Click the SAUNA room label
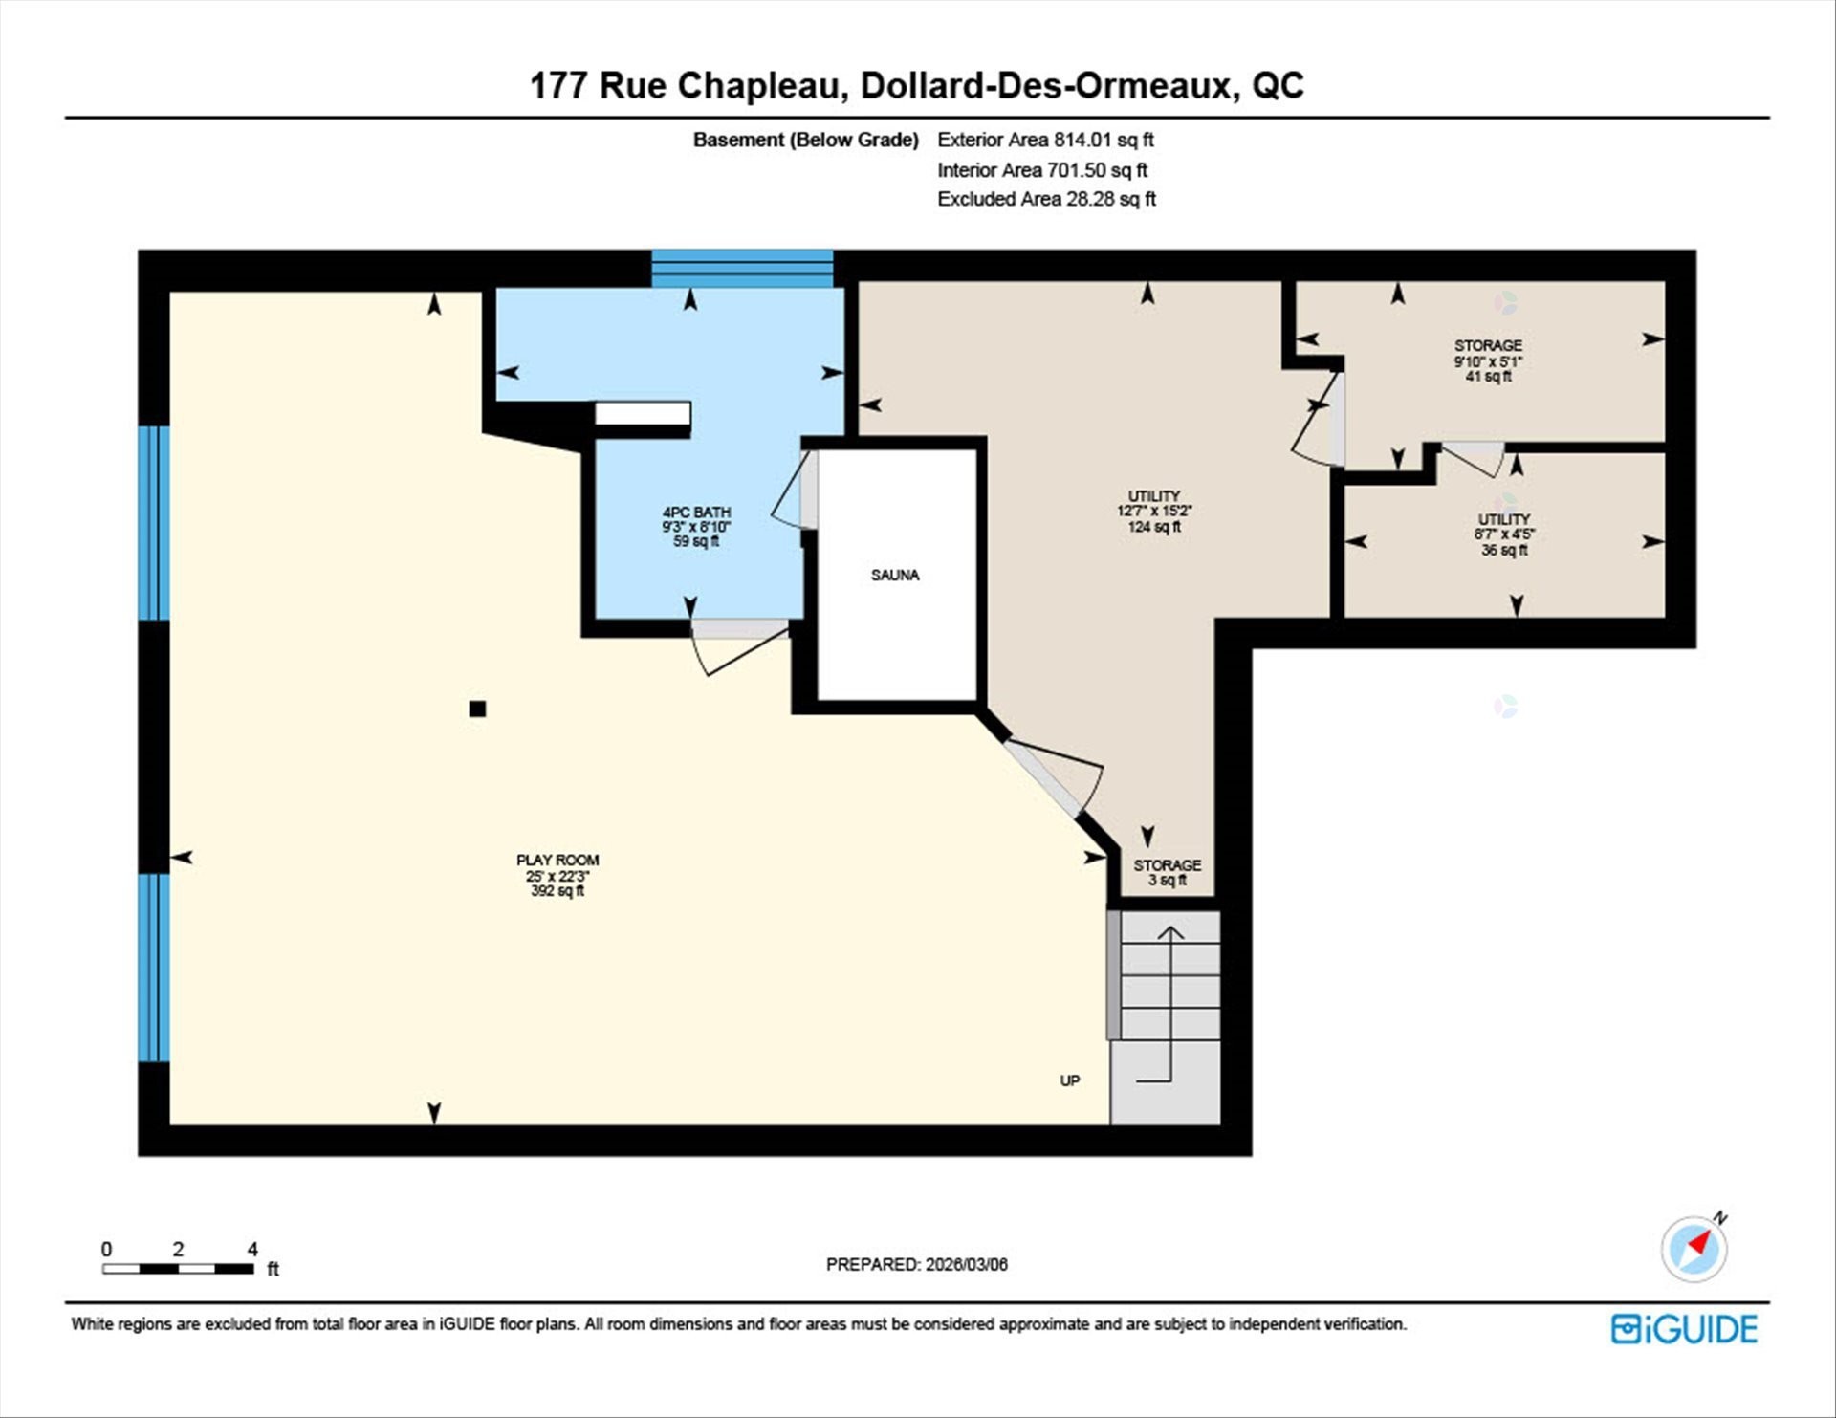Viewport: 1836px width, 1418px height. pos(894,575)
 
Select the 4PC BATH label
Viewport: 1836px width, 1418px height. pos(696,526)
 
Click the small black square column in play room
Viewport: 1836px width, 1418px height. pos(477,709)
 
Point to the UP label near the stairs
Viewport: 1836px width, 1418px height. pos(1069,1080)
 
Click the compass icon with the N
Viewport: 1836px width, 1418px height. pos(1694,1248)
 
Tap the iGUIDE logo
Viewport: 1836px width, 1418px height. pos(1684,1329)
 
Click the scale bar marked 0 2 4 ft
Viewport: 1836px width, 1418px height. pos(179,1268)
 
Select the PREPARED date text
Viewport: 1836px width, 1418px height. pos(916,1264)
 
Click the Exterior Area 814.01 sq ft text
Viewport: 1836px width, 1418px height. pos(1045,140)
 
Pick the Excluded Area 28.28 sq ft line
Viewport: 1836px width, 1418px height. pos(1046,199)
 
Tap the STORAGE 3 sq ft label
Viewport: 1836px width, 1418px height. pos(1167,872)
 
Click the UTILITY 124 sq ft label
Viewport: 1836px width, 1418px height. pos(1153,511)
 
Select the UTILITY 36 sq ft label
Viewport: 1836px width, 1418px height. pos(1503,534)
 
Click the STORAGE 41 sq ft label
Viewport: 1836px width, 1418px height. pos(1488,360)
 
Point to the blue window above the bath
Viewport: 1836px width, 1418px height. pos(742,269)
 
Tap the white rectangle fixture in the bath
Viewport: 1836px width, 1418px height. pos(643,413)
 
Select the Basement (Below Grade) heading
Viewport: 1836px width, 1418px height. pos(805,140)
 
